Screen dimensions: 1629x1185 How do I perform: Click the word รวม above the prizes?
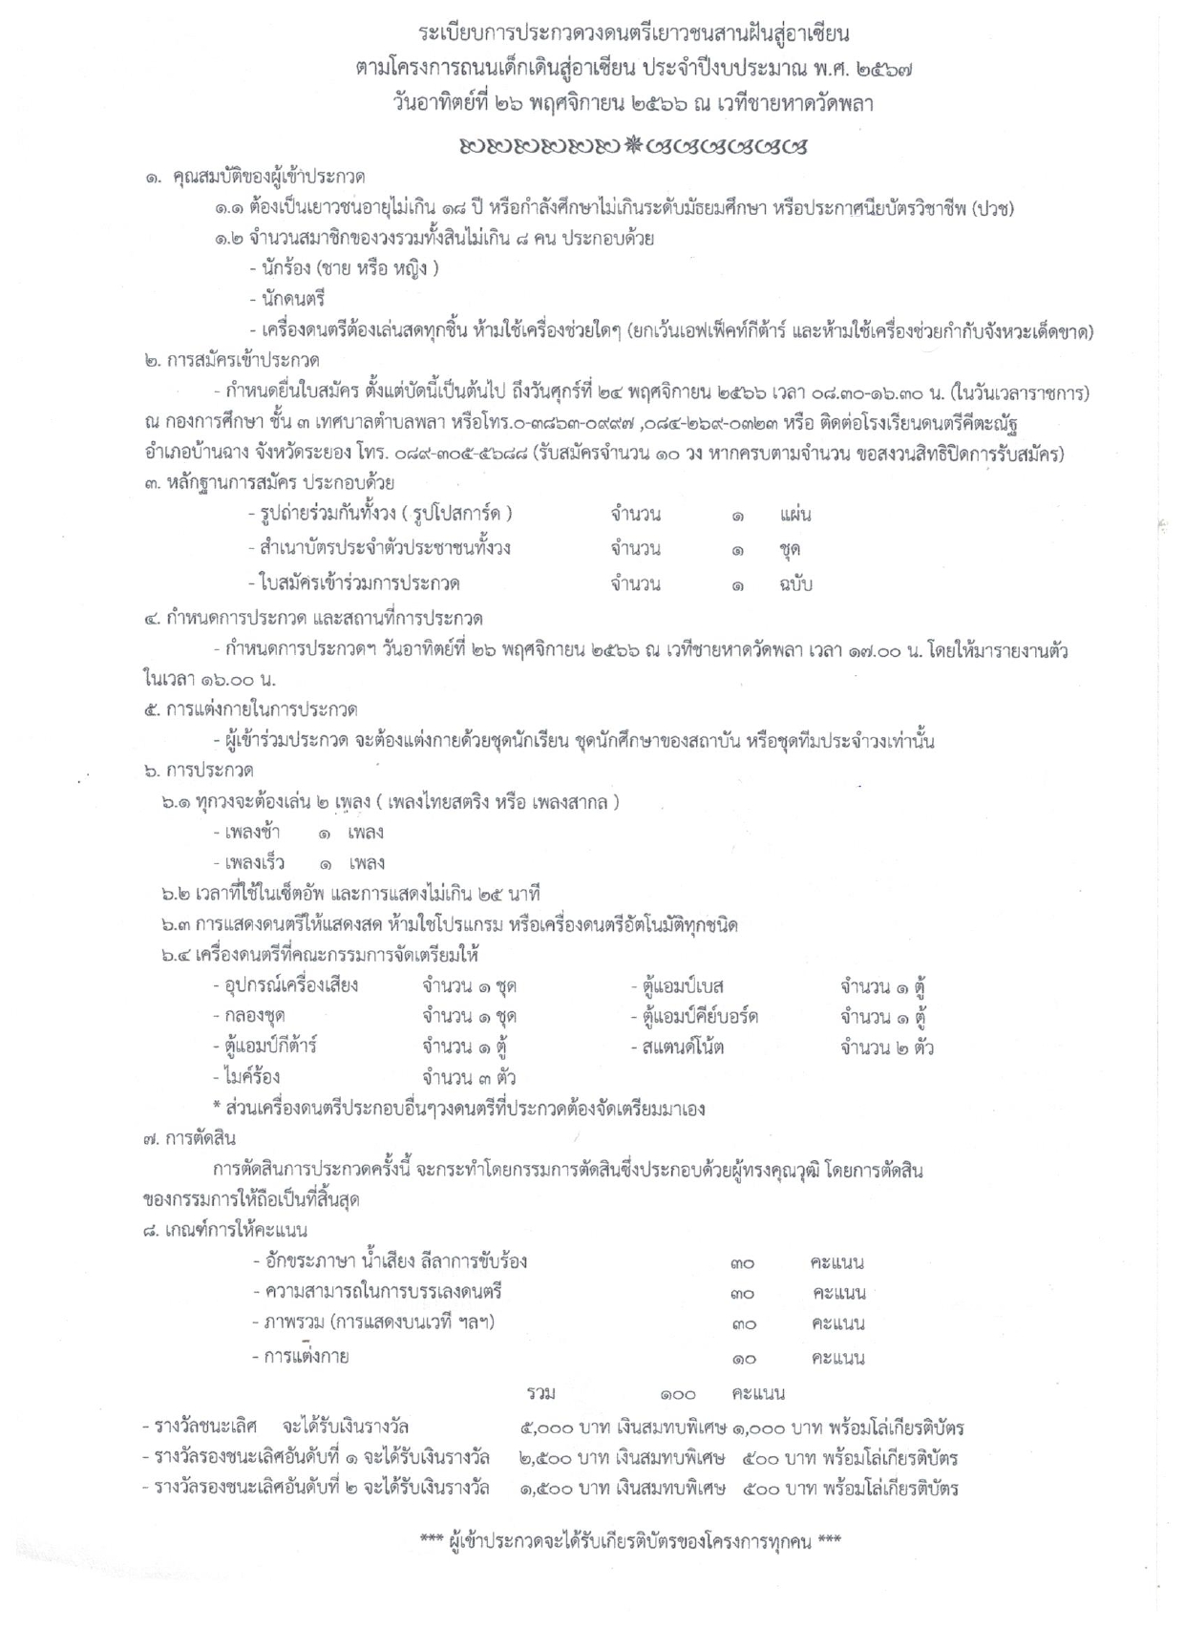[x=540, y=1393]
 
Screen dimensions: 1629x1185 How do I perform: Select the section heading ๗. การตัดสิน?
[x=188, y=1138]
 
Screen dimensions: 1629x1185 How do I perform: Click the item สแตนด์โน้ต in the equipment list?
[x=682, y=1047]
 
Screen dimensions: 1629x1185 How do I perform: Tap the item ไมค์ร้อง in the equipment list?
[x=250, y=1077]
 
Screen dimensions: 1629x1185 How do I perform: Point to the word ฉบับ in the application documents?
[x=794, y=583]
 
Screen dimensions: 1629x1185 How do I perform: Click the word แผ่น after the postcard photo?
[x=794, y=516]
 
